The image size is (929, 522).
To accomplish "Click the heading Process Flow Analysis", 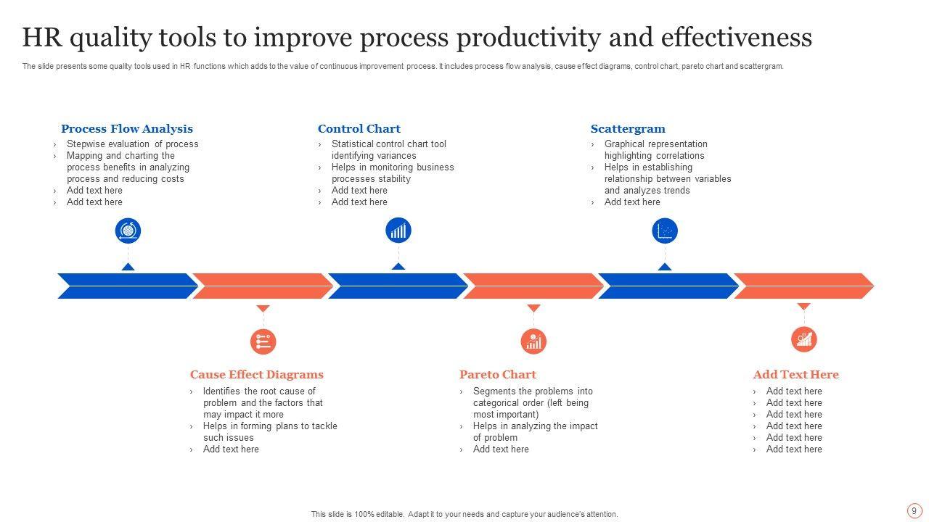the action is click(127, 129).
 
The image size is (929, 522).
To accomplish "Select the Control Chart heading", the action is click(359, 129).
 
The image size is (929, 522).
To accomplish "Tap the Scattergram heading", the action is click(628, 129).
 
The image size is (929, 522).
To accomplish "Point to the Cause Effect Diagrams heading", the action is click(257, 375).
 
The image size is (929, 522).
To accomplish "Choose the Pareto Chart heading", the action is click(498, 375).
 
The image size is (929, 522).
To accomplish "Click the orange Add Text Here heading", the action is click(796, 375).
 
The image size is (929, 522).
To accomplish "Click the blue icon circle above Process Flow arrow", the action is click(128, 231).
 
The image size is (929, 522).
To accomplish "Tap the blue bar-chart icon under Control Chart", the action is click(398, 231).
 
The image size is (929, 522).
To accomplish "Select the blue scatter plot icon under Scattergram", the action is click(665, 231).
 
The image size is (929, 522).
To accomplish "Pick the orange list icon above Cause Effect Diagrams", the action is click(263, 341).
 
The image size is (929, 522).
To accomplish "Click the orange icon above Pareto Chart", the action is click(533, 341).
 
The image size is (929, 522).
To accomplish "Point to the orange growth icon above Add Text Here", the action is click(804, 339).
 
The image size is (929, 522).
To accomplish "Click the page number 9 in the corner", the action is click(914, 511).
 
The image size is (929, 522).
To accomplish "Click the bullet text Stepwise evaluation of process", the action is click(133, 144).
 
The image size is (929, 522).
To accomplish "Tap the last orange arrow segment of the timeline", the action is click(804, 286).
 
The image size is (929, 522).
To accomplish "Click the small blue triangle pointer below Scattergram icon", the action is click(665, 267).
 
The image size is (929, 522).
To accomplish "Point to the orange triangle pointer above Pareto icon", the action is click(533, 308).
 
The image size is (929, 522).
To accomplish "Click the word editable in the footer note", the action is click(389, 514).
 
